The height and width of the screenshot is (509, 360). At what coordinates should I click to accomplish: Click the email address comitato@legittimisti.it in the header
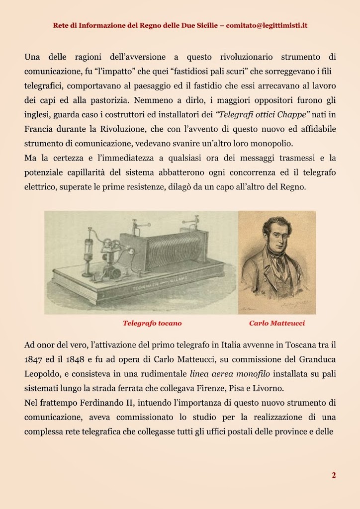click(x=267, y=25)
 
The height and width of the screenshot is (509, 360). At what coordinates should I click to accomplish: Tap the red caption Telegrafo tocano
click(x=152, y=323)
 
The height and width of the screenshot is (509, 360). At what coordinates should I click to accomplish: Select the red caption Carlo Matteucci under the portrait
click(x=277, y=323)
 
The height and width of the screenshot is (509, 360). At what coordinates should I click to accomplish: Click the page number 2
click(x=334, y=475)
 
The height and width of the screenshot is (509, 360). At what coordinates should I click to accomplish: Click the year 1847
click(x=34, y=359)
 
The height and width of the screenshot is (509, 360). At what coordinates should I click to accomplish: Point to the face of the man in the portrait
click(x=276, y=234)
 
